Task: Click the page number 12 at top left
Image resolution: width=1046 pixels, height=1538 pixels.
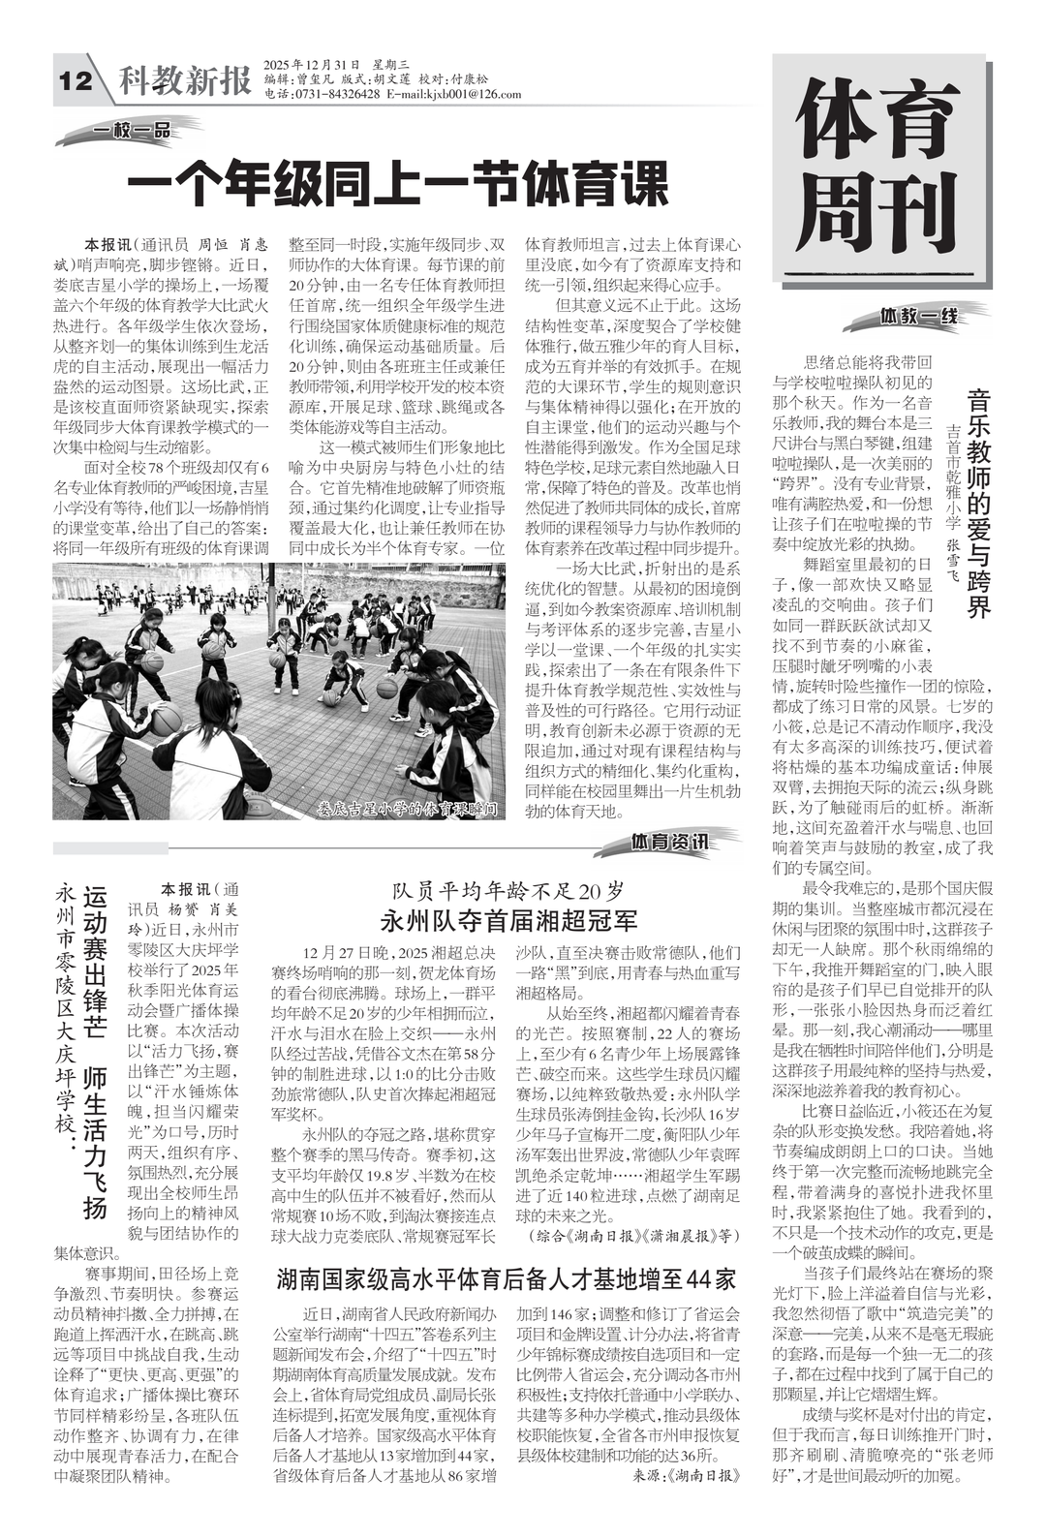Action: [x=74, y=81]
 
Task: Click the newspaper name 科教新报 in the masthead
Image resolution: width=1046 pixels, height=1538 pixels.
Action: [x=184, y=81]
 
